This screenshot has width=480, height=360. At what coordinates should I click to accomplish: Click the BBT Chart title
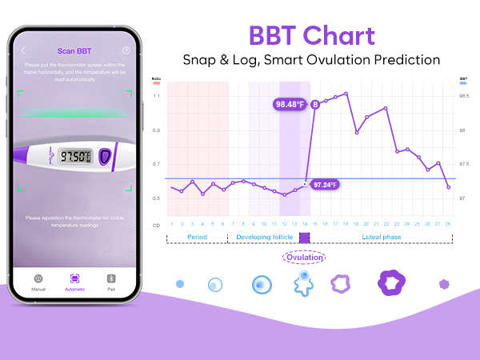point(311,36)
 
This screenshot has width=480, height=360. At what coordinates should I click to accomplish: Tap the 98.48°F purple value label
point(290,104)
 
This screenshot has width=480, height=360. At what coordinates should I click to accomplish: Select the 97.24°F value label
point(325,185)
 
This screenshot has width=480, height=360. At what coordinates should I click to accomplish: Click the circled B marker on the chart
point(315,104)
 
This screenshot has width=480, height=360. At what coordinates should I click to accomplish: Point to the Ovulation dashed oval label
point(304,257)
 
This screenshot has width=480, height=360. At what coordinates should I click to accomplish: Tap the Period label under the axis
point(197,238)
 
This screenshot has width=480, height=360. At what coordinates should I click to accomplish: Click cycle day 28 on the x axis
point(448,223)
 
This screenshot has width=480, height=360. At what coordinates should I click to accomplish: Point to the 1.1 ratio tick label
point(156,96)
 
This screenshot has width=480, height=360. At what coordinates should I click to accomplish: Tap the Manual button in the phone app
point(38,282)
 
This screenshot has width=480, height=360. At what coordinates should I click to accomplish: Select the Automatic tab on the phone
point(74,282)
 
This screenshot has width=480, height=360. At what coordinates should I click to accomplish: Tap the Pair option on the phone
point(112,282)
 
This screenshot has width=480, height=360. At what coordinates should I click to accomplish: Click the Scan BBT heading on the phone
point(74,51)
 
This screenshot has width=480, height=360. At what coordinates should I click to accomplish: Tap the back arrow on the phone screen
point(24,51)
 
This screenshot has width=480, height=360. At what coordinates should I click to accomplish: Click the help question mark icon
point(126,51)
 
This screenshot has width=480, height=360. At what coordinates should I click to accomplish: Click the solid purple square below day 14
point(304,238)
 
